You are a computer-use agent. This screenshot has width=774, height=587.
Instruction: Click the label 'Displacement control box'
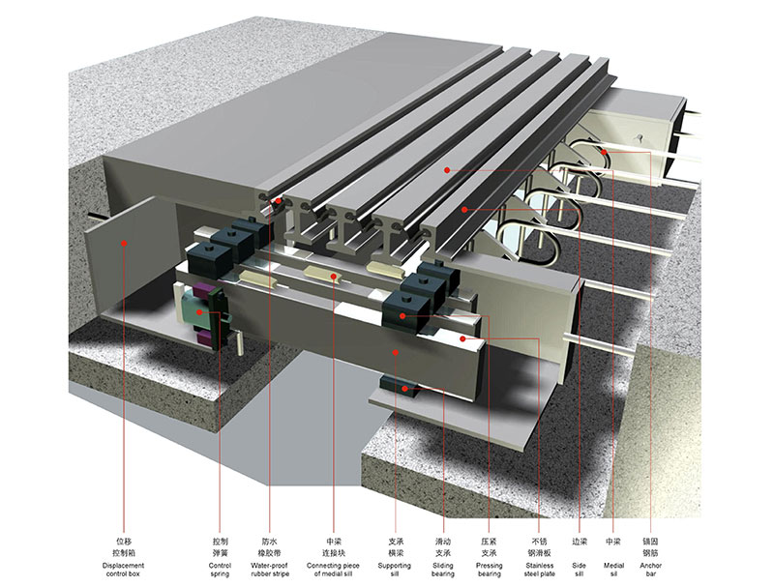pos(124,570)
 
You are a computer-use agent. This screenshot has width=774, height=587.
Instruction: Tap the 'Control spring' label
pos(220,570)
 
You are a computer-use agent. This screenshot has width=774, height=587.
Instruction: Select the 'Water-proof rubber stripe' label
pos(270,570)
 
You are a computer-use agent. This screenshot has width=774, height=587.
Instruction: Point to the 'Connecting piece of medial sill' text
pos(333,570)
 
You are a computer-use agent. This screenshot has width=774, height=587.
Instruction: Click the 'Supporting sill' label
pos(395,570)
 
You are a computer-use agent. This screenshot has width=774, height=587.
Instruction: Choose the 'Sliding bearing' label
pos(443,570)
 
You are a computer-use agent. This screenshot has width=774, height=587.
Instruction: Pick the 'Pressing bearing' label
pos(490,570)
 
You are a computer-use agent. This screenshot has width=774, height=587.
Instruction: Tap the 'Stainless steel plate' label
pos(540,570)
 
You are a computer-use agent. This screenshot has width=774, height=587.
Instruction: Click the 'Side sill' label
pos(579,570)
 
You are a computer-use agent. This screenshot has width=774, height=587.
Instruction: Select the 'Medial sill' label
pos(613,570)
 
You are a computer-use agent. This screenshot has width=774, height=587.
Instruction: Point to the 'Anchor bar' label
pos(650,570)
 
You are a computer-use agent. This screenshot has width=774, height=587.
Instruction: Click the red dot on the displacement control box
pos(125,243)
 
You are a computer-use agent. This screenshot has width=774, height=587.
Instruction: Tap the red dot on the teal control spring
pos(199,312)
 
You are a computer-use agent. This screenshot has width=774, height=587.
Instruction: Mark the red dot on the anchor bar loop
pos(604,152)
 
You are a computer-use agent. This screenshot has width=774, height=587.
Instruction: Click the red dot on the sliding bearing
pos(404,389)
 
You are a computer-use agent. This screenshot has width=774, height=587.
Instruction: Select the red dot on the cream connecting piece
pos(334,277)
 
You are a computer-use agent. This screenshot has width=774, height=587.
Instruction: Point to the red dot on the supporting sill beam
pos(395,352)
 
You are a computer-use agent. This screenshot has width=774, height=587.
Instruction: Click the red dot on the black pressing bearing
pos(402,315)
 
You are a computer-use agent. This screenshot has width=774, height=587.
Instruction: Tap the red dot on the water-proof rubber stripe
pos(278,201)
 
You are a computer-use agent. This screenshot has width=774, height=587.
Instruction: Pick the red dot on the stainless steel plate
pos(462,338)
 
